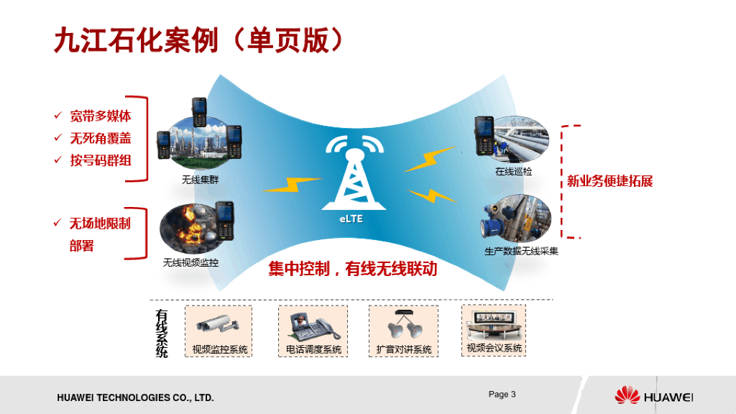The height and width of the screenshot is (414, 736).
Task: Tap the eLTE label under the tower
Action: [351, 218]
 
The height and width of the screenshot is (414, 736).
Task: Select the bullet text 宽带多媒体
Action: [101, 116]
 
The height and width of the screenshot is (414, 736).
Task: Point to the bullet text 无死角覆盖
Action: [101, 138]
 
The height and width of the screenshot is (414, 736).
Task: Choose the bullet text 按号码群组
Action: [101, 160]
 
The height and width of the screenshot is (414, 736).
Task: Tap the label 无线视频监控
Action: [190, 263]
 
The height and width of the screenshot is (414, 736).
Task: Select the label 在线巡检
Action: [513, 172]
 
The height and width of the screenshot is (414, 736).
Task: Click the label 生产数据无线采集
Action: [521, 252]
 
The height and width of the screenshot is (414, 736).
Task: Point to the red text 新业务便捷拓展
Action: [609, 181]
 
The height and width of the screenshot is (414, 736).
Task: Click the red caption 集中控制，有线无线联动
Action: [352, 270]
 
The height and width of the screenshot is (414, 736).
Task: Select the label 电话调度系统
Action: [313, 350]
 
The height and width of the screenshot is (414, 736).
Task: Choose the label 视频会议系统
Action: [494, 349]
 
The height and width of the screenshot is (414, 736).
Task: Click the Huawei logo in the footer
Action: [653, 395]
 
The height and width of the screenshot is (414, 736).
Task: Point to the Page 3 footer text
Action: [502, 395]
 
